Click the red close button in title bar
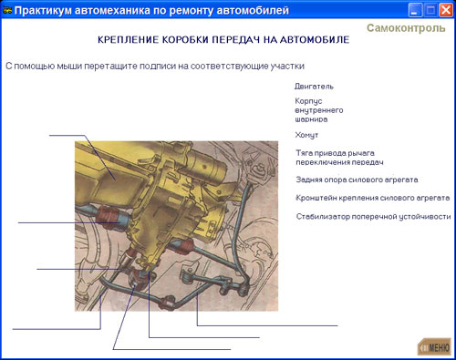click(x=446, y=10)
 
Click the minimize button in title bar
click(x=415, y=10)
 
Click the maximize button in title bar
click(x=430, y=10)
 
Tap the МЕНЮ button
click(x=434, y=346)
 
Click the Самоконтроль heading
click(x=406, y=28)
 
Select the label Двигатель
click(x=314, y=87)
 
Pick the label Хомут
click(x=306, y=135)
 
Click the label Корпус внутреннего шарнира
click(x=319, y=110)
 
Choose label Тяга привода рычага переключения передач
click(x=339, y=158)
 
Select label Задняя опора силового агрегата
click(x=357, y=180)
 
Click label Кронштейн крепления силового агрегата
click(x=373, y=198)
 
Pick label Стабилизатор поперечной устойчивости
click(x=373, y=216)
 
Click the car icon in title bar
click(x=7, y=10)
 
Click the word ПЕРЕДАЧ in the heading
click(x=236, y=40)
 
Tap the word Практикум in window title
click(x=43, y=10)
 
